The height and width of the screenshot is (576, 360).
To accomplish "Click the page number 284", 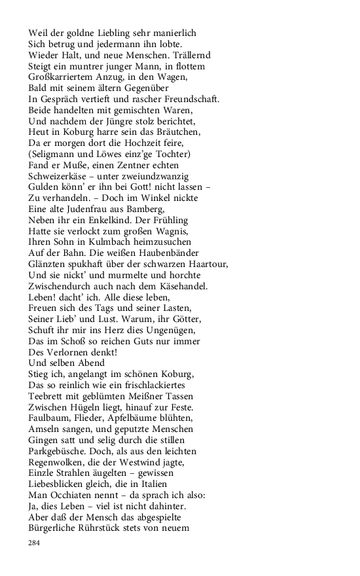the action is click(x=35, y=543).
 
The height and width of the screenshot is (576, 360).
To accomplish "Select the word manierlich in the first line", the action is click(x=173, y=32).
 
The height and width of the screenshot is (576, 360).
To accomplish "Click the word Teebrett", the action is click(x=47, y=397).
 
